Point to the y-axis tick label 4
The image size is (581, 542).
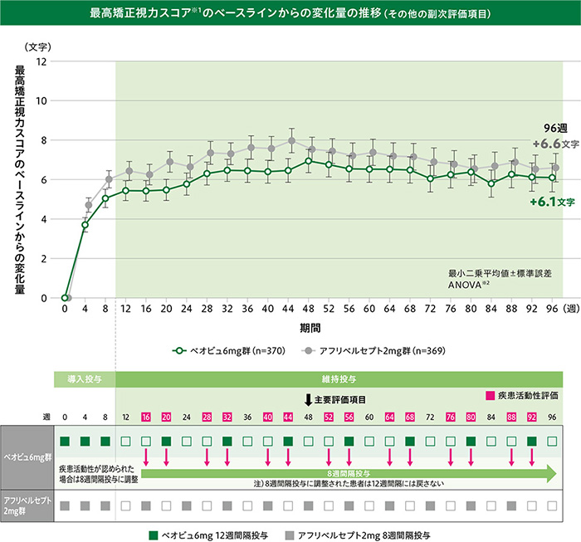42,219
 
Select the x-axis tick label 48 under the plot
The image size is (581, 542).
309,309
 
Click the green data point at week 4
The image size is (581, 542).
85,225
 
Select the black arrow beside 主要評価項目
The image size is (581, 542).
308,399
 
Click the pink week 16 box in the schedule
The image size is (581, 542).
146,416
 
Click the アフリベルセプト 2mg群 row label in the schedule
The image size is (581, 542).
26,505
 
